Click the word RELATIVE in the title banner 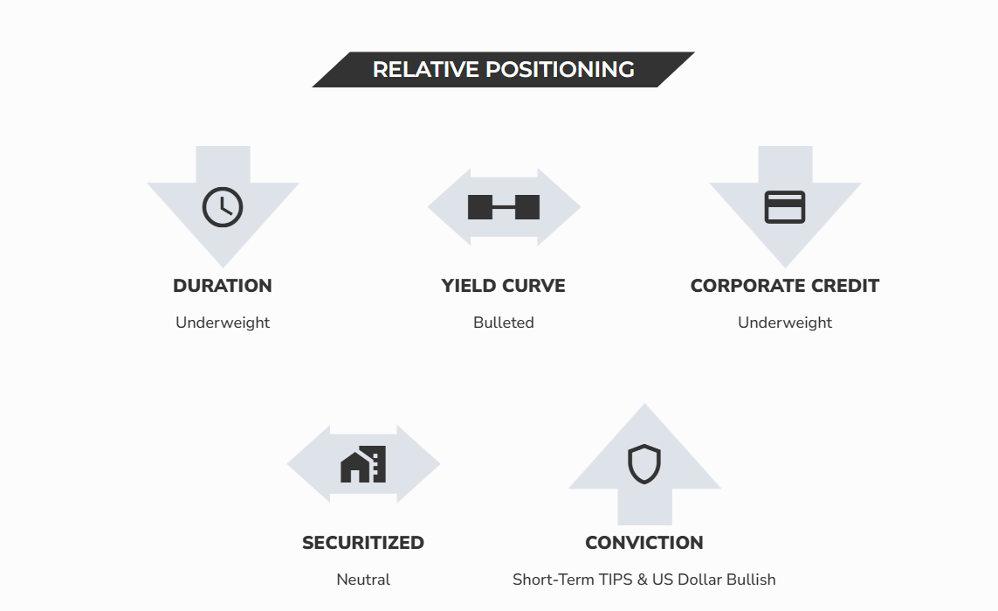coord(426,69)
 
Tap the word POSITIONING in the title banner coord(560,69)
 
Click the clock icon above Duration coord(223,207)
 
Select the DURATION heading coord(223,286)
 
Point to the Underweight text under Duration coord(223,323)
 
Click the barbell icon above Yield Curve coord(504,207)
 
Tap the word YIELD coord(470,286)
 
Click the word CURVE coord(534,286)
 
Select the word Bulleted coord(504,323)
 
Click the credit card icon coord(785,207)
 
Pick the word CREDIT coord(837,286)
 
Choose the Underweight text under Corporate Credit coord(785,323)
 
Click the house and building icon coord(363,464)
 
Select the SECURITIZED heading coord(363,543)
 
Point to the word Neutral coord(363,580)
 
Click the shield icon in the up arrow coord(644,464)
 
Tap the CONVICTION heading coord(644,543)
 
